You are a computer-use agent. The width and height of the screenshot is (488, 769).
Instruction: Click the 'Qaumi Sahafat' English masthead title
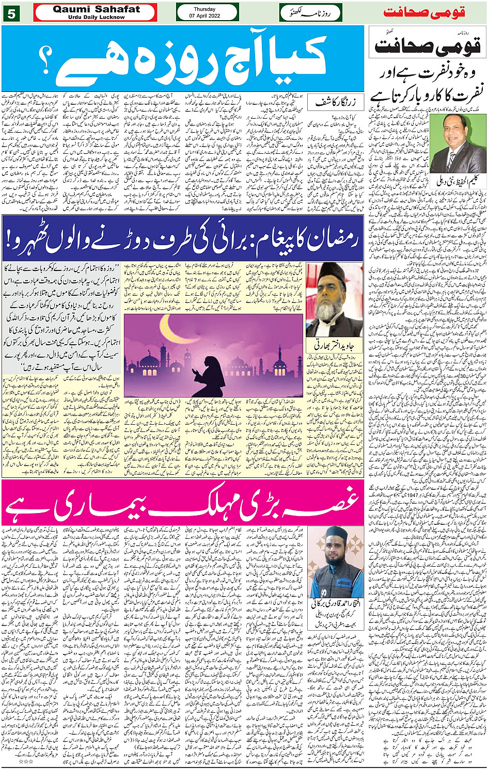96,9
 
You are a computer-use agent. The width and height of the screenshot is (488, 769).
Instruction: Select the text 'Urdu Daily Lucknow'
96,17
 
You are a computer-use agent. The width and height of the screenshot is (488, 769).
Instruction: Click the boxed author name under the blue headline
339,102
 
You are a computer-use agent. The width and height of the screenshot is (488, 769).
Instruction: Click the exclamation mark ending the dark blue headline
11,238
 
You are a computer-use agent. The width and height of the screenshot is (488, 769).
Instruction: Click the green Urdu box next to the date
311,12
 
